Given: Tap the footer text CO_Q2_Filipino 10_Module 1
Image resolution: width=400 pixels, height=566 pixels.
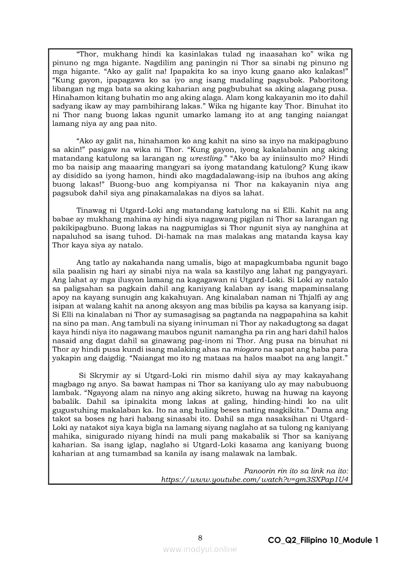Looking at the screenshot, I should (323, 540).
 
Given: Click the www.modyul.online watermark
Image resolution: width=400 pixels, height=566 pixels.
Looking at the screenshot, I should (200, 549).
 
